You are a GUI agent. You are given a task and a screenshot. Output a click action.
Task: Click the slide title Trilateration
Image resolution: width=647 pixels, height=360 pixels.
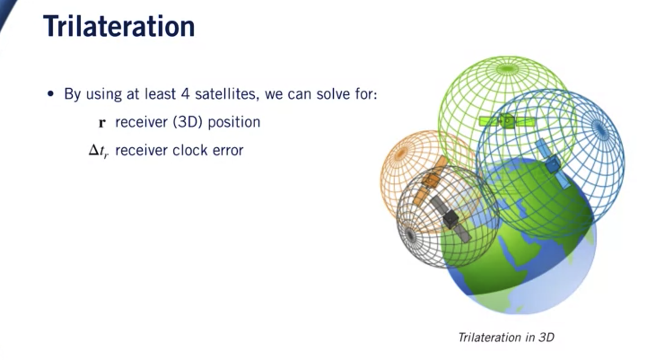click(x=119, y=26)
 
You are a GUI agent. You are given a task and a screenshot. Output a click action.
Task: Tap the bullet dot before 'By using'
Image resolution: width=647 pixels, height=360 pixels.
click(x=51, y=94)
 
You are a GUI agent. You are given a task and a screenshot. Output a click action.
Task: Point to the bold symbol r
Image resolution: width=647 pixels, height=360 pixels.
click(x=102, y=123)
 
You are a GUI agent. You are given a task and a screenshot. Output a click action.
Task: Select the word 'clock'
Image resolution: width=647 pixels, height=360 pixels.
click(x=190, y=150)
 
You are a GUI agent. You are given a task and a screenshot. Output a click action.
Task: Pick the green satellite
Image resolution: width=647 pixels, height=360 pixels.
click(x=507, y=121)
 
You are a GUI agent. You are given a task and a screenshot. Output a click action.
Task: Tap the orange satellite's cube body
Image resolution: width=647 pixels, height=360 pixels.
click(x=431, y=180)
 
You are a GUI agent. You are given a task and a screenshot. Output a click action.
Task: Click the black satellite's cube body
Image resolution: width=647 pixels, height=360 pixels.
click(x=450, y=219)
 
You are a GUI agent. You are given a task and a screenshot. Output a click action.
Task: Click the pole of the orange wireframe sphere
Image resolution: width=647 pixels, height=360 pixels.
click(x=401, y=154)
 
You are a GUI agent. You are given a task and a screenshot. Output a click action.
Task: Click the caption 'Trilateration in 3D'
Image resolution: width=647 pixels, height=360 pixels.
click(x=506, y=338)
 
